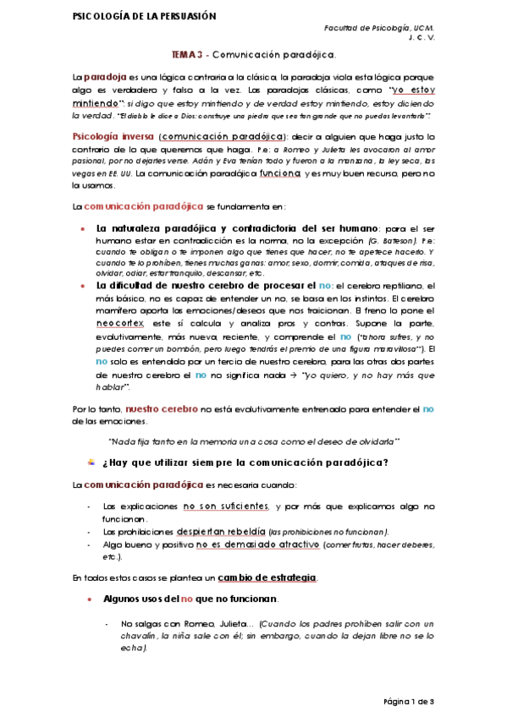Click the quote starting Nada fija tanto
point(254,441)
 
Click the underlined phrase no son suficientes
point(226,506)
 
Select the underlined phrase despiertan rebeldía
point(218,531)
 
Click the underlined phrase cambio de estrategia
point(267,577)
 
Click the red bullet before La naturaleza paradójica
point(80,229)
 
